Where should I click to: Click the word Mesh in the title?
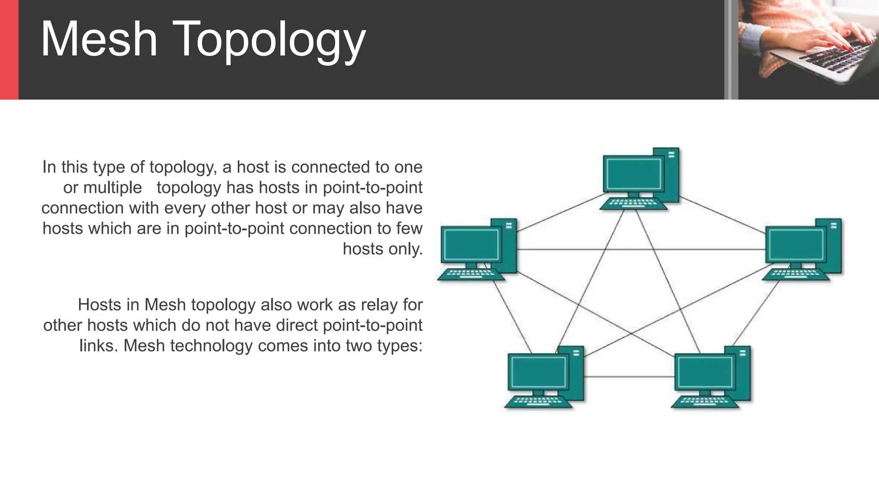click(99, 39)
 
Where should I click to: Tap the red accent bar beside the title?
click(9, 50)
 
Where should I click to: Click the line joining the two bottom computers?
click(629, 377)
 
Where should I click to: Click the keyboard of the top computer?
click(633, 204)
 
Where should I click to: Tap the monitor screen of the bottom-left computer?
click(539, 371)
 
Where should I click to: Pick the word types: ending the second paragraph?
click(399, 346)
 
